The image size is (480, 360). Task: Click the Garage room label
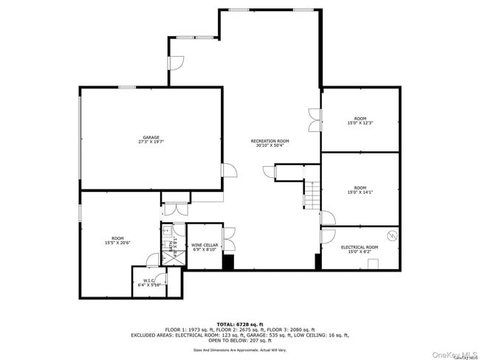click(151, 139)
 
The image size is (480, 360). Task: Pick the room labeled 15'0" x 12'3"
click(360, 121)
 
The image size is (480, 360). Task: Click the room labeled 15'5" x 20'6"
click(117, 240)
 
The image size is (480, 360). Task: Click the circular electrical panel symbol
click(392, 236)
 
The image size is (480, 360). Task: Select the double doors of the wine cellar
click(228, 240)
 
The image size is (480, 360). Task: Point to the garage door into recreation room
click(229, 170)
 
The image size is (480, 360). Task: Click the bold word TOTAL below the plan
click(224, 324)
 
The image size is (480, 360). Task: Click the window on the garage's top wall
click(126, 88)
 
